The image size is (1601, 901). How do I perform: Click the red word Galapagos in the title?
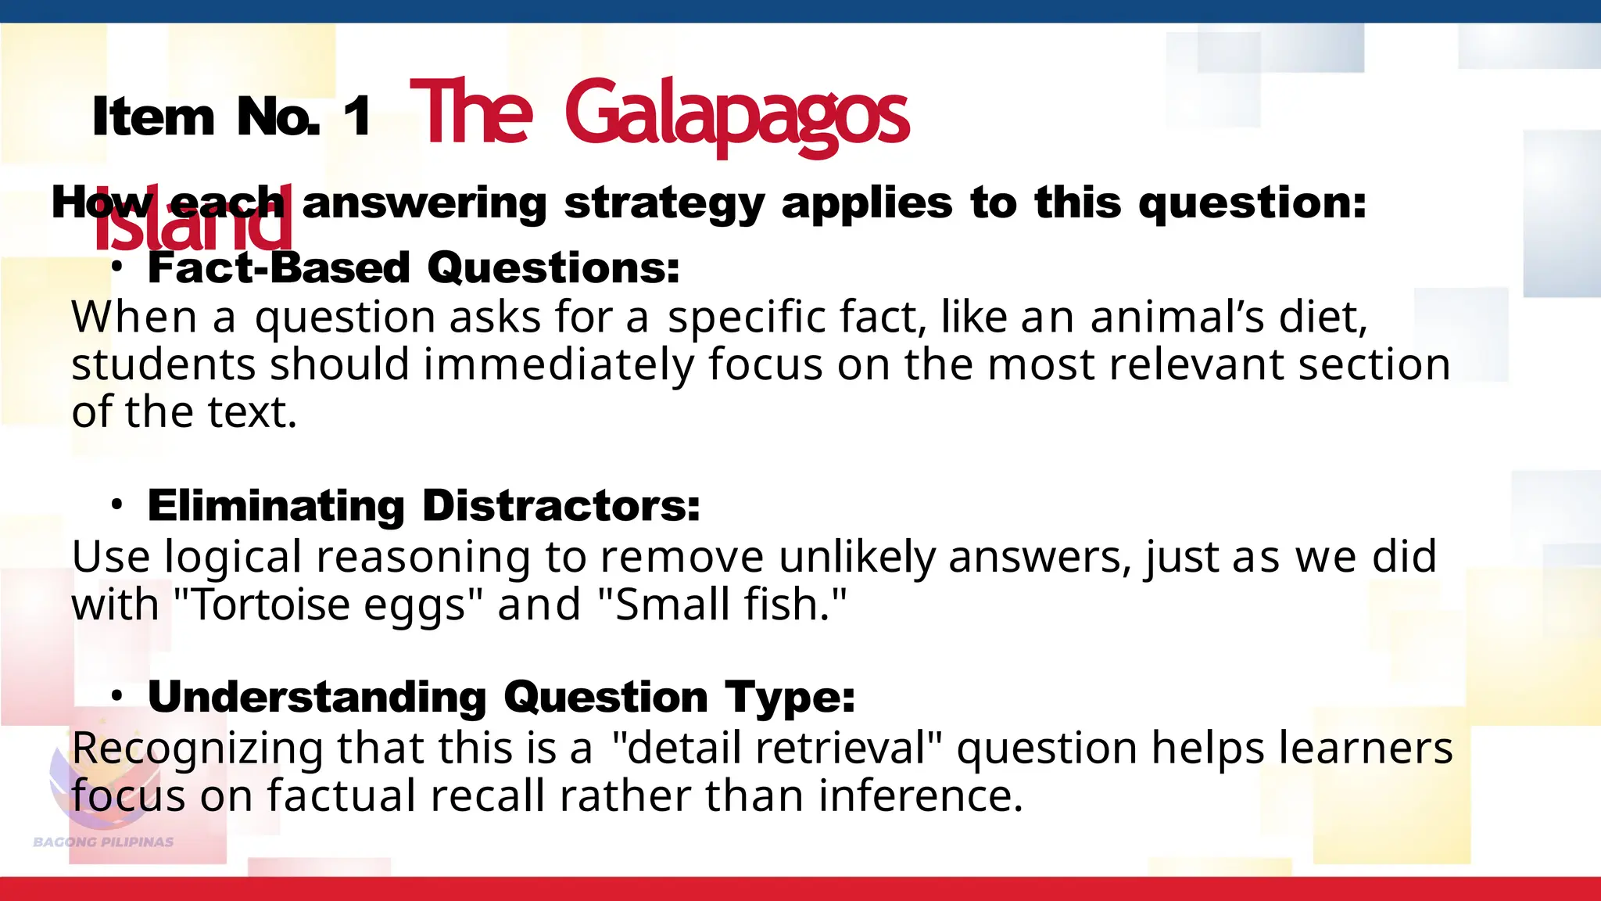tap(736, 116)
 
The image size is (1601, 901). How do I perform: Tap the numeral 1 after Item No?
tap(357, 117)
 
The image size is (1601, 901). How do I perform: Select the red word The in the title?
tap(471, 114)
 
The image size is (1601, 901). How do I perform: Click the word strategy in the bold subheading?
tap(664, 203)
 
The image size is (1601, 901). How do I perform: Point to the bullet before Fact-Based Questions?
tap(116, 267)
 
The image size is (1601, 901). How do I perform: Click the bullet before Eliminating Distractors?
tap(116, 505)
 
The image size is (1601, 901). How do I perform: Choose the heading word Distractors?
tap(561, 505)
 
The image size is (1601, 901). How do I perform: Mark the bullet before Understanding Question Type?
tap(116, 696)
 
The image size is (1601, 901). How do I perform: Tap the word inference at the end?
tap(920, 796)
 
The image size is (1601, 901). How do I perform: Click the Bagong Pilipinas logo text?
tap(103, 842)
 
